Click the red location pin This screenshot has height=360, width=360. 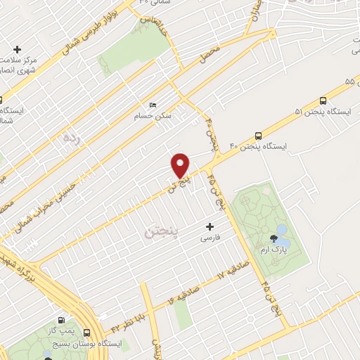181,165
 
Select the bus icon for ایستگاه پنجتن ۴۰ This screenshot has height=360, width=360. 258,136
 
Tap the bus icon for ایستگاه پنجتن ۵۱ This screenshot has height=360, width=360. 323,101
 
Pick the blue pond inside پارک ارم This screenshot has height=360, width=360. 282,230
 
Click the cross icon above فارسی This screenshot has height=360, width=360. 210,226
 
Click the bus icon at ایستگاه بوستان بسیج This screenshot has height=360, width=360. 87,332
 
